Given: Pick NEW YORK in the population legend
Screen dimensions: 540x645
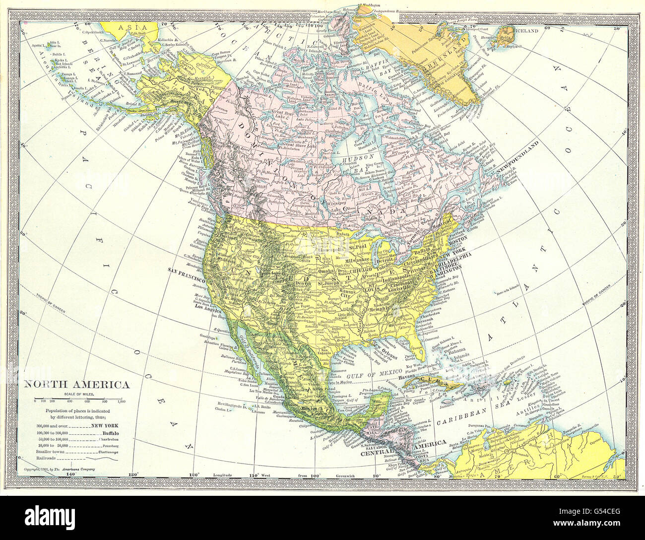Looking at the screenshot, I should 105,426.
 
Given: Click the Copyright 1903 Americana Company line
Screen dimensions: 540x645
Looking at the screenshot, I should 59,469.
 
